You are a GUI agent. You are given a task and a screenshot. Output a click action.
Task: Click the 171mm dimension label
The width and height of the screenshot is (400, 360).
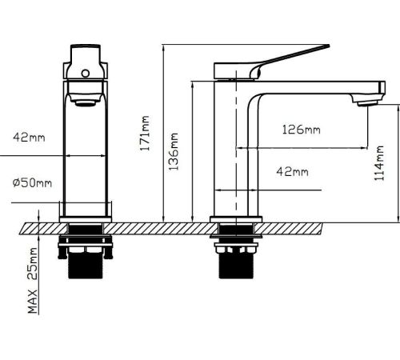point(145,133)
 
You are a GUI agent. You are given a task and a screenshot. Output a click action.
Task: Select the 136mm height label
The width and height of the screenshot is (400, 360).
point(174,151)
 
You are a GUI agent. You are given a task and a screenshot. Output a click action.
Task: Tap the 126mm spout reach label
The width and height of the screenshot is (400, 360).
point(302,130)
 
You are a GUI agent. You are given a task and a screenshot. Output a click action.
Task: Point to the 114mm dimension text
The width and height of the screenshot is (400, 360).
point(379,163)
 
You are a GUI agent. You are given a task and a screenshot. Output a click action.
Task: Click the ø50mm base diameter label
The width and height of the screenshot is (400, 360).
point(32,182)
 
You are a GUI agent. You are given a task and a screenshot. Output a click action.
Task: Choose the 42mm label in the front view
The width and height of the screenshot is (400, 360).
point(29,138)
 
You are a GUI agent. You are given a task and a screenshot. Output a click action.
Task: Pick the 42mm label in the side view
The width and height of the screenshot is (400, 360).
point(292,171)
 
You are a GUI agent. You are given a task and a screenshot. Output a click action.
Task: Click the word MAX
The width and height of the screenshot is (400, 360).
point(33,302)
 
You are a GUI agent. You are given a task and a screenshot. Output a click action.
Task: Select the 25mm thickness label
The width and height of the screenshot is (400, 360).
point(33,263)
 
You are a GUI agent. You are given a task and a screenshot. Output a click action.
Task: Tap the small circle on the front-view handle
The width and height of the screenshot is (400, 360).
point(86,74)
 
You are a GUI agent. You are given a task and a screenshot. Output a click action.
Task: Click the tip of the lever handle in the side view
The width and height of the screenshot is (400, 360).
point(329,46)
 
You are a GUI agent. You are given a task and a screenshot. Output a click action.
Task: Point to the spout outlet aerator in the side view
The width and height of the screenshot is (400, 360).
point(368,103)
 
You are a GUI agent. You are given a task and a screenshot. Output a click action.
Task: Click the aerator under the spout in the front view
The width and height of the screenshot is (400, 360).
point(86,103)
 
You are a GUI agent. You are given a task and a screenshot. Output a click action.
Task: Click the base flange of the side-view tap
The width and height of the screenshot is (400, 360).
point(236,219)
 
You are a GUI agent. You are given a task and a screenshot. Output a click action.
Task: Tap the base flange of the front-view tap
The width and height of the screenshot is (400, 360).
point(86,219)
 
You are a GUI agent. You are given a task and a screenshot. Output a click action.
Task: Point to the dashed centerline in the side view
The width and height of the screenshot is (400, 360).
point(236,146)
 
